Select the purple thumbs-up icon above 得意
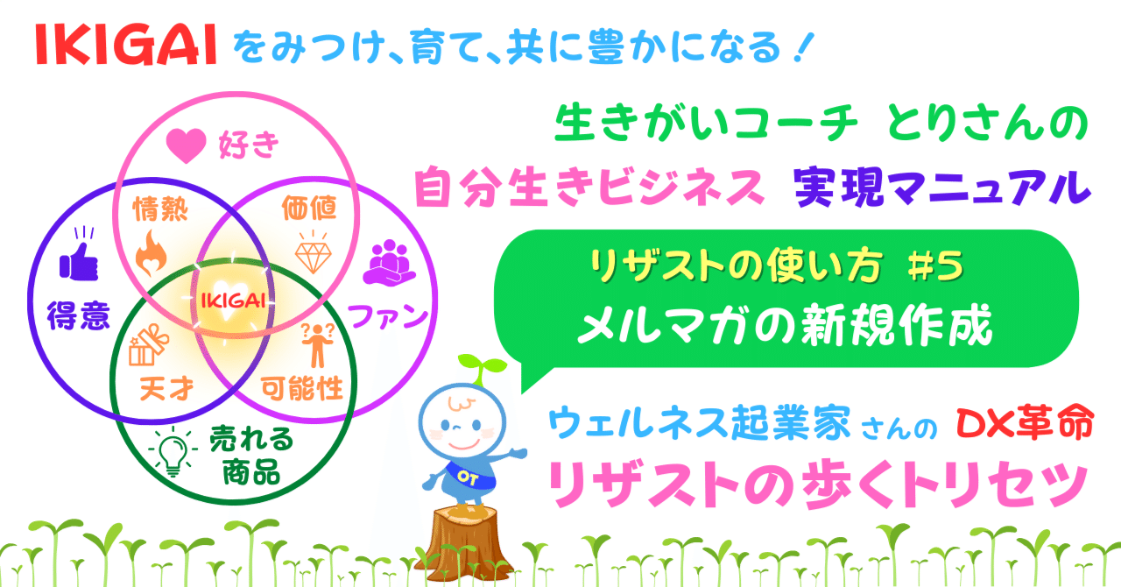click(x=79, y=258)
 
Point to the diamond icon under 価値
click(x=312, y=252)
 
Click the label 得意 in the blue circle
click(x=79, y=315)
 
